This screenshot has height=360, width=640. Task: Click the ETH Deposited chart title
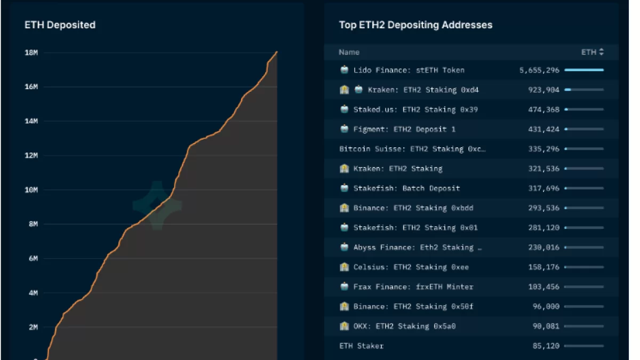[x=60, y=25]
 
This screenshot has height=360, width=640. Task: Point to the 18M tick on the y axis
[x=31, y=52]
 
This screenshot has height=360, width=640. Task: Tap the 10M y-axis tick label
[x=31, y=190]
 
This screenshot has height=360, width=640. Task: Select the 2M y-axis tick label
[x=33, y=327]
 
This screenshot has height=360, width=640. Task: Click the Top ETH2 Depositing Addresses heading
[x=415, y=25]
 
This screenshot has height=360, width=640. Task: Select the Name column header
[x=349, y=52]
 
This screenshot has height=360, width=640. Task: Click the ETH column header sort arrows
[x=602, y=52]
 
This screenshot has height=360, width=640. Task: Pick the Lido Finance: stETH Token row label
[x=409, y=70]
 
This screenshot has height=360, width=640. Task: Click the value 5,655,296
[x=539, y=70]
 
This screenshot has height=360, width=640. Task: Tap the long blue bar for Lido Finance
[x=584, y=70]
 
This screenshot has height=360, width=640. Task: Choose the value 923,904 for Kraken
[x=544, y=90]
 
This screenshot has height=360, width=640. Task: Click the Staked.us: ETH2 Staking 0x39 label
[x=415, y=109]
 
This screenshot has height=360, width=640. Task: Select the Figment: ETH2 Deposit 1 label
[x=404, y=129]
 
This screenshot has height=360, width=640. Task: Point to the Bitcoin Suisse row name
[x=412, y=149]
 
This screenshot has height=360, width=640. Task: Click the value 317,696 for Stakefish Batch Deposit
[x=544, y=188]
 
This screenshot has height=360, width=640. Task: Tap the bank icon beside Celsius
[x=345, y=267]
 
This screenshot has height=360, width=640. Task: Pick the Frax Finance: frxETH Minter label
[x=413, y=287]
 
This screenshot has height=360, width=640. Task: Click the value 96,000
[x=546, y=307]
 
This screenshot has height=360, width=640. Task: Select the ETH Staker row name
[x=361, y=346]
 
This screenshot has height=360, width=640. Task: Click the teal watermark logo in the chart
[x=157, y=205]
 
